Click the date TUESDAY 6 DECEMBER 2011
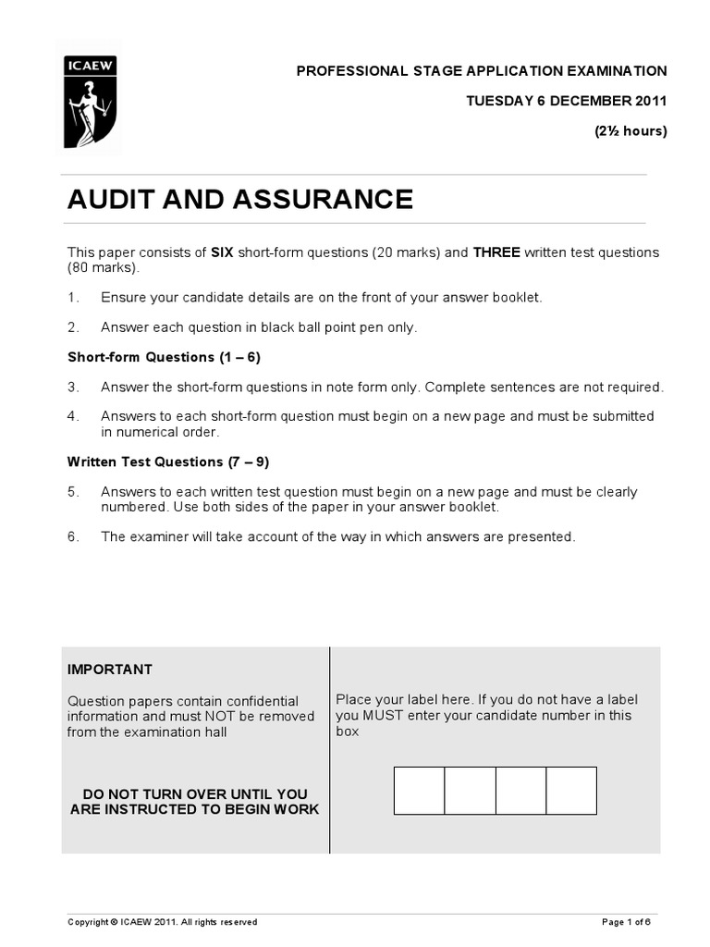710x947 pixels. pos(567,101)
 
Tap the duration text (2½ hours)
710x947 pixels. pos(630,130)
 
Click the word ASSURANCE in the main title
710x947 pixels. pos(324,200)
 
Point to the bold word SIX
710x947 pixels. pos(224,252)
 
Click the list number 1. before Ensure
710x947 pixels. pos(73,297)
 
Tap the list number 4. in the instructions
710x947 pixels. pos(73,416)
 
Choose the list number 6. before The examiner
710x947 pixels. pos(73,536)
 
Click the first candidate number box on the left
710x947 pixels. pos(420,791)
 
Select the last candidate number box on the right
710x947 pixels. pos(571,791)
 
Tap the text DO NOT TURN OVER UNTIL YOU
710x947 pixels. pos(195,794)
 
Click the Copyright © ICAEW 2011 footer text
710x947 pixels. pos(162,922)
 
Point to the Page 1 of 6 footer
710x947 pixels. pos(626,922)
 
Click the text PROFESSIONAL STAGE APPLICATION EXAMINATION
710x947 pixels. pos(481,71)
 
